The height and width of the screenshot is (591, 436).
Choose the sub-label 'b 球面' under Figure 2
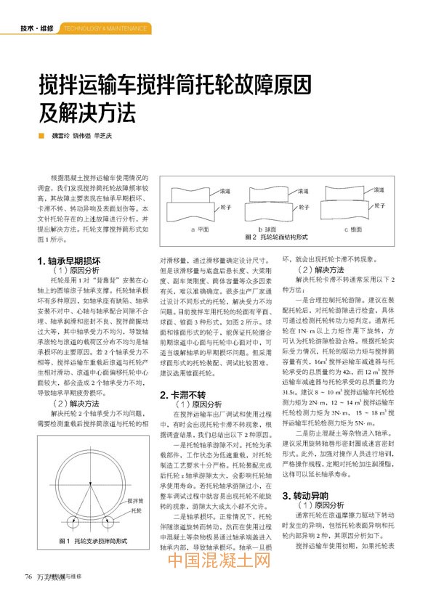[x=280, y=228]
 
